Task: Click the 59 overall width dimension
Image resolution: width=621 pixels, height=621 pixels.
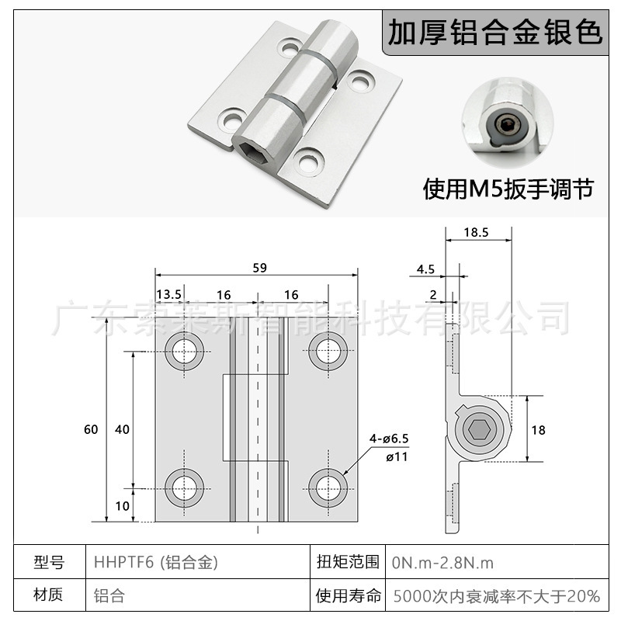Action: [259, 268]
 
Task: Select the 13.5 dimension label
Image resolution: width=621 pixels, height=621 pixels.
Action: [168, 294]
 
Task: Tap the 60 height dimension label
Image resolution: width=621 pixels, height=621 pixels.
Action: [92, 429]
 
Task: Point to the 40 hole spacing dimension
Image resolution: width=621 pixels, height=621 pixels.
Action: [122, 429]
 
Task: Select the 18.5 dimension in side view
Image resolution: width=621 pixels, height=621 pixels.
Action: [476, 231]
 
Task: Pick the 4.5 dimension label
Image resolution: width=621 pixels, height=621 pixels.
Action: [425, 269]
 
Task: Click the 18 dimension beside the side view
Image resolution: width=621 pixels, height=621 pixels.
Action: [537, 428]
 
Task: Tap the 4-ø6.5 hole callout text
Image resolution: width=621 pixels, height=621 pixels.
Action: [388, 439]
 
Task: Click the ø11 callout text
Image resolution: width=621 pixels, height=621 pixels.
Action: [397, 456]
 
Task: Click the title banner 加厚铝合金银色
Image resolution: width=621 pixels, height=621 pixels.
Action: [494, 33]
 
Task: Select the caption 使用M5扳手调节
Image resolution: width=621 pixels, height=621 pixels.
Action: [508, 189]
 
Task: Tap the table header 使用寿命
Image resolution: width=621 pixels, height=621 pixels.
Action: [349, 596]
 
